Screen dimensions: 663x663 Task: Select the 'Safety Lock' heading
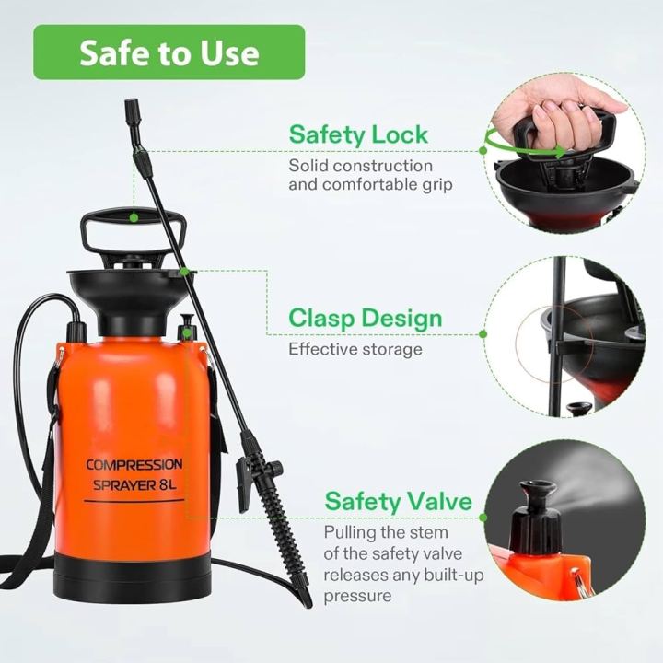358,134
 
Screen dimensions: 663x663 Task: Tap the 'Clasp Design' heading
366,319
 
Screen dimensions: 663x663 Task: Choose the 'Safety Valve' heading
398,503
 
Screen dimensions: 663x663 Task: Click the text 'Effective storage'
355,349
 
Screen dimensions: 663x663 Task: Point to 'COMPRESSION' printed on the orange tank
134,464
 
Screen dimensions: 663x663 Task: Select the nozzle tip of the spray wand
132,106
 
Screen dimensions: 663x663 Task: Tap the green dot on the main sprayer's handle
134,218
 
